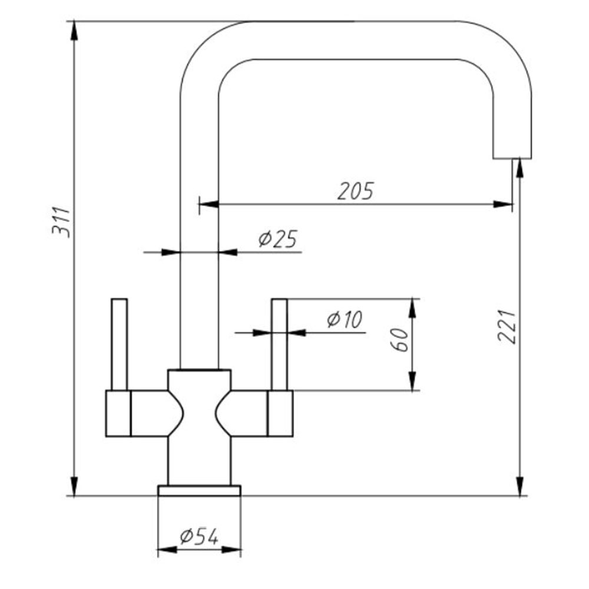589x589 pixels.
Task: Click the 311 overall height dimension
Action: tap(61, 221)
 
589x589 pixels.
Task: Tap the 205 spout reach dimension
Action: tap(355, 191)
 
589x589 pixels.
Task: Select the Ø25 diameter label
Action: tap(278, 239)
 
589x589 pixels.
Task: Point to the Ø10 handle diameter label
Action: tap(345, 319)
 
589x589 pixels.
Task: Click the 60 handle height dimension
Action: tap(400, 340)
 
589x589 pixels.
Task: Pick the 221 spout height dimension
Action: tap(507, 326)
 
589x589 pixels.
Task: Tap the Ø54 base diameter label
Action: tap(199, 537)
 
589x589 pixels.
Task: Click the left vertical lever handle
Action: tap(120, 345)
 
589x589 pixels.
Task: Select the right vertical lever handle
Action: tap(279, 345)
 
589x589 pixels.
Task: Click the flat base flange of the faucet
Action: tap(200, 491)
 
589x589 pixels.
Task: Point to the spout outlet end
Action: tap(512, 158)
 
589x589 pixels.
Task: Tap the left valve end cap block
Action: tap(118, 413)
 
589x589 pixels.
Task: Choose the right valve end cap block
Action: tap(280, 413)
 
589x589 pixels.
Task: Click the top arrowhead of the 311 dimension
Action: tap(74, 30)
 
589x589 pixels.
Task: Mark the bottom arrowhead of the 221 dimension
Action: tap(520, 487)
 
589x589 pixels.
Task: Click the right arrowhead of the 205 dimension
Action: tap(503, 204)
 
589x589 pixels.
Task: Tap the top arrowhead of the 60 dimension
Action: tap(413, 309)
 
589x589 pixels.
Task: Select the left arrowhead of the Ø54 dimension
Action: tap(167, 550)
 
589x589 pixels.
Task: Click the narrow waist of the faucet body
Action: tap(200, 413)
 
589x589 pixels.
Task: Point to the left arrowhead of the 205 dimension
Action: tap(209, 204)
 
